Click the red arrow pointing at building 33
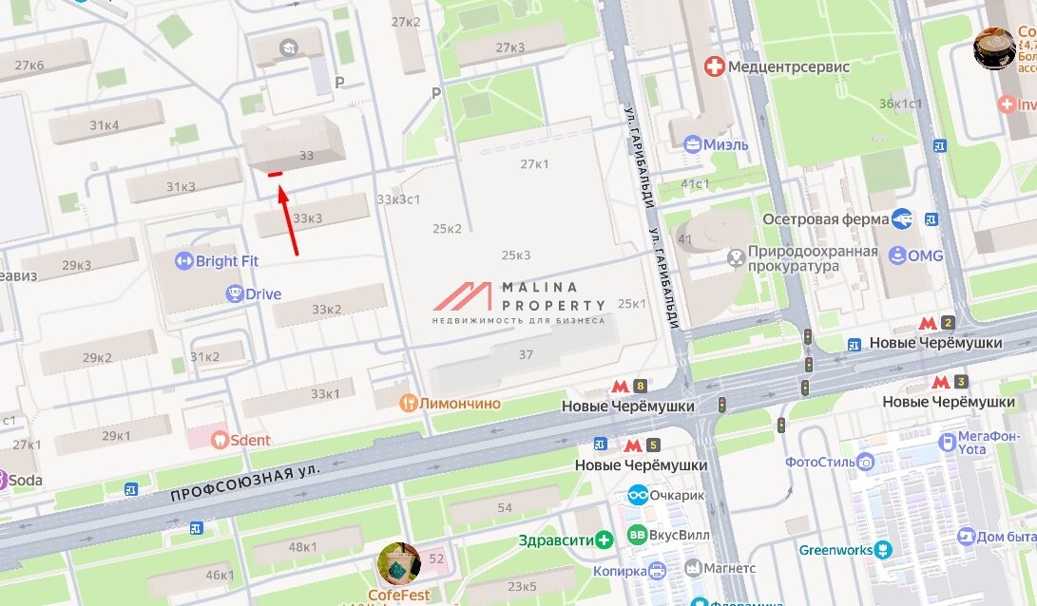pyautogui.click(x=289, y=222)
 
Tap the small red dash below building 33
pyautogui.click(x=275, y=174)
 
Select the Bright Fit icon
pyautogui.click(x=184, y=261)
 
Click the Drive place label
pyautogui.click(x=263, y=294)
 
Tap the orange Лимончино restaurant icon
pyautogui.click(x=408, y=404)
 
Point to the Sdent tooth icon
pyautogui.click(x=220, y=440)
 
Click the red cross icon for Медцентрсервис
pyautogui.click(x=713, y=66)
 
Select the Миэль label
pyautogui.click(x=725, y=144)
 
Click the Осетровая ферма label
pyautogui.click(x=826, y=219)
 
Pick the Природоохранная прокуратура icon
pyautogui.click(x=735, y=257)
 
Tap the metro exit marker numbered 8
pyautogui.click(x=629, y=386)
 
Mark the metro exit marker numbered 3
pyautogui.click(x=950, y=382)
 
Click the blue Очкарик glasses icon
pyautogui.click(x=638, y=495)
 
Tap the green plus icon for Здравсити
pyautogui.click(x=605, y=540)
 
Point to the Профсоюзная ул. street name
pyautogui.click(x=245, y=483)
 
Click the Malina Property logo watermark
pyautogui.click(x=519, y=300)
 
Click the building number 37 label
pyautogui.click(x=526, y=354)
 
